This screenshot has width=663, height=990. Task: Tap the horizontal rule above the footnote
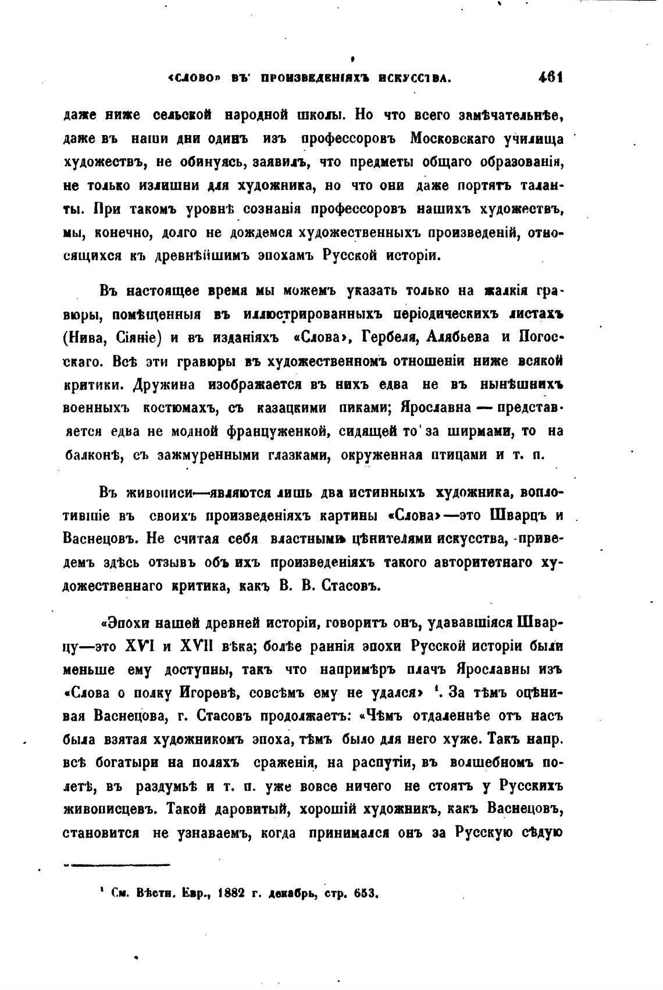click(116, 865)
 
